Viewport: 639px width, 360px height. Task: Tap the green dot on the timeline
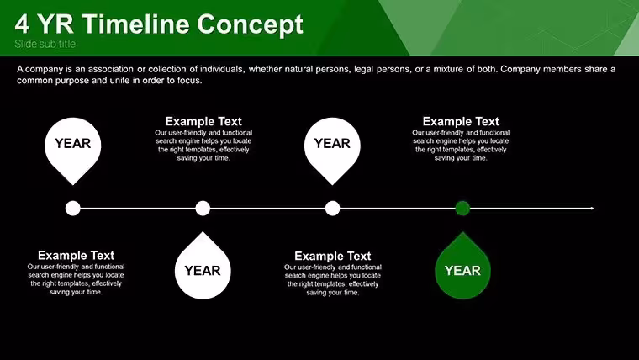point(462,209)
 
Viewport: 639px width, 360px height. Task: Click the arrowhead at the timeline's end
point(592,209)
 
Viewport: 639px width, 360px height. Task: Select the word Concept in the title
point(251,24)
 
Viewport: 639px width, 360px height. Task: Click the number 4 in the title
point(22,24)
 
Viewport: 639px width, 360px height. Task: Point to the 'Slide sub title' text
point(45,44)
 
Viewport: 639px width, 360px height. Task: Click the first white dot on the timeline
point(73,209)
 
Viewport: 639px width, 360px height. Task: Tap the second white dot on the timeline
point(203,209)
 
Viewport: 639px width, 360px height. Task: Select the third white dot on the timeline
point(333,209)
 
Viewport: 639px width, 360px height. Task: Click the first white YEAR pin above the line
point(73,149)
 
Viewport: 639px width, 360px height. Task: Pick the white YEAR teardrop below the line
point(203,267)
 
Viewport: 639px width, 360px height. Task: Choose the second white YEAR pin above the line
point(333,149)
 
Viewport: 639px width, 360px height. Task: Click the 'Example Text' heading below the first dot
point(77,256)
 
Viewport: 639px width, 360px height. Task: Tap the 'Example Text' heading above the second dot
point(203,121)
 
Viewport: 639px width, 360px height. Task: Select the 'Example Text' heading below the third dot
point(333,256)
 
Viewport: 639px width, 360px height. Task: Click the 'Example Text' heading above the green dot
point(461,121)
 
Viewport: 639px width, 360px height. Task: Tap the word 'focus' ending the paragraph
point(189,80)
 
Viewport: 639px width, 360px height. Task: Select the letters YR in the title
point(55,24)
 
